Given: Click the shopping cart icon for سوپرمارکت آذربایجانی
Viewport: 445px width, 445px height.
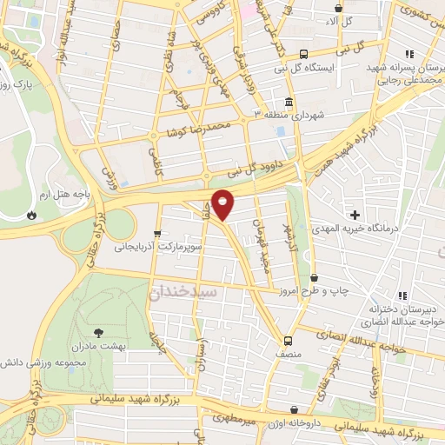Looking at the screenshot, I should [x=157, y=233].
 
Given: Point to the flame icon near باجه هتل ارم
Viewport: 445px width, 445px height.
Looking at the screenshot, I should [x=32, y=215].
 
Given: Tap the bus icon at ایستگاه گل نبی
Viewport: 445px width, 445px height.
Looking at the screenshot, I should [x=302, y=52].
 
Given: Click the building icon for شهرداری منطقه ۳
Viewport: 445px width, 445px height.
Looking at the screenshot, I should [x=288, y=100].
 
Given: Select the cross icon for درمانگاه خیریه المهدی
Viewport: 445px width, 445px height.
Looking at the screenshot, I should [x=354, y=214].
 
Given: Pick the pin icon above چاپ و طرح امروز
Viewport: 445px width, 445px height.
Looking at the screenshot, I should [x=313, y=277].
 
